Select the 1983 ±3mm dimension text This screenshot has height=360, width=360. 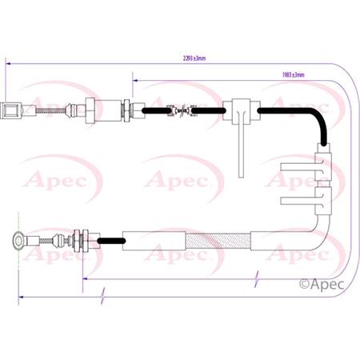[x=293, y=74]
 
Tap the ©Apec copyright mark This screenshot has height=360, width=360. [x=319, y=282]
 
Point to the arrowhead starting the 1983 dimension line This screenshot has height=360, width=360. [x=135, y=79]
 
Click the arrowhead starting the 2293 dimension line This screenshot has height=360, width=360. [x=8, y=62]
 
